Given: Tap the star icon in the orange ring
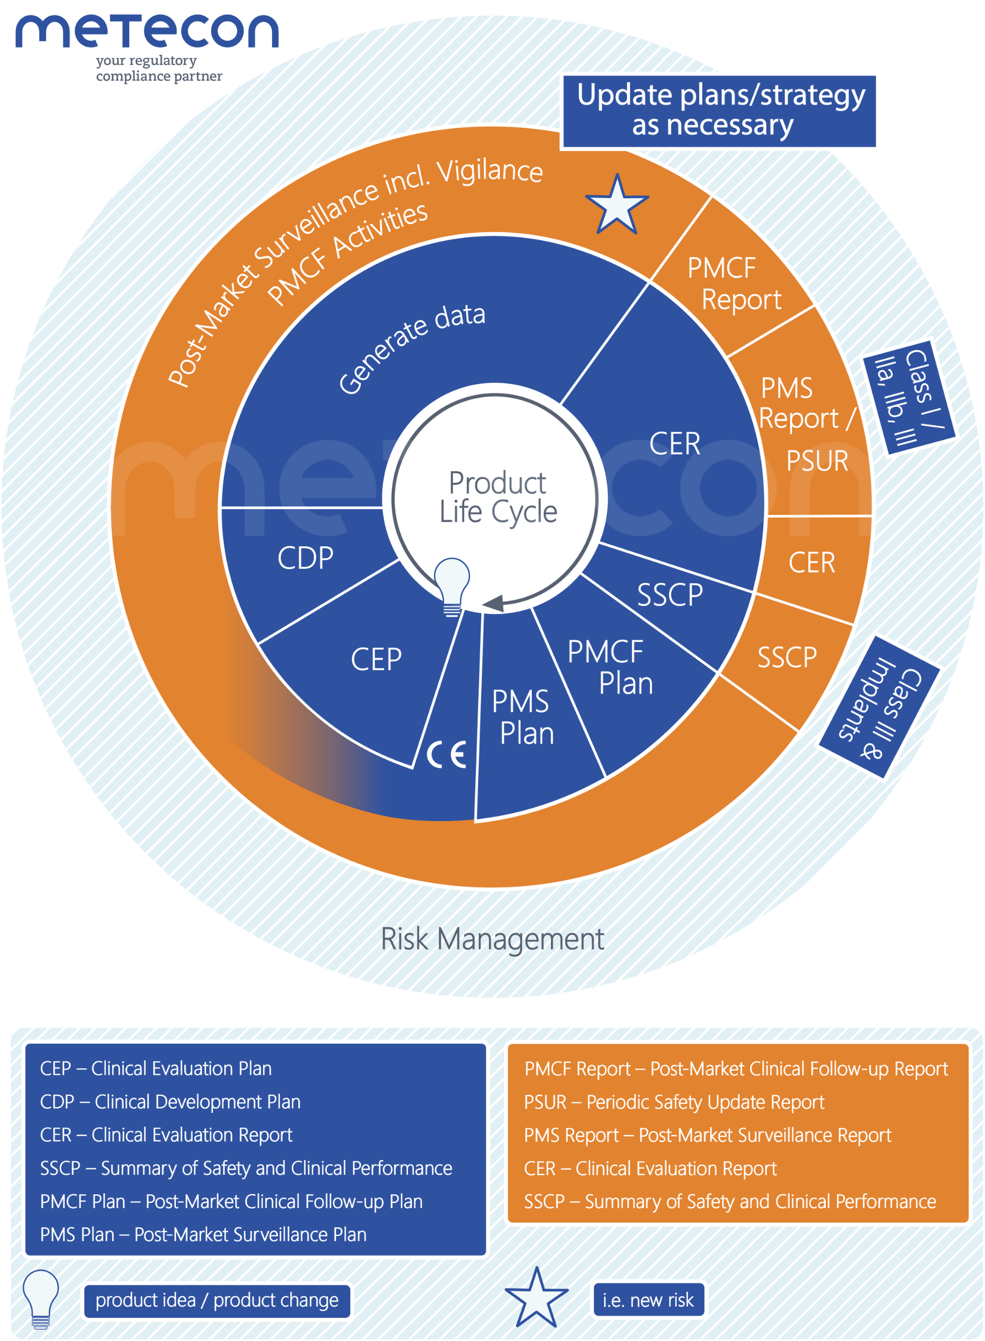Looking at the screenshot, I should (617, 206).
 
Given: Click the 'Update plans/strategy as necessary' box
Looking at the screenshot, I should (719, 111).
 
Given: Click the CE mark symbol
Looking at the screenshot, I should (447, 755).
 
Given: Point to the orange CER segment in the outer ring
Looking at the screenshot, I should (812, 563).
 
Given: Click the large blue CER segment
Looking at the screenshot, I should (674, 444).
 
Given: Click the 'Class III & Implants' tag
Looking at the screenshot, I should (880, 707).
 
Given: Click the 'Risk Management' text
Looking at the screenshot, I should (492, 939).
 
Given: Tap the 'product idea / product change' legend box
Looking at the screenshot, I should (217, 1300).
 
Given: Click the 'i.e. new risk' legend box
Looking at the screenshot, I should (648, 1300).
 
